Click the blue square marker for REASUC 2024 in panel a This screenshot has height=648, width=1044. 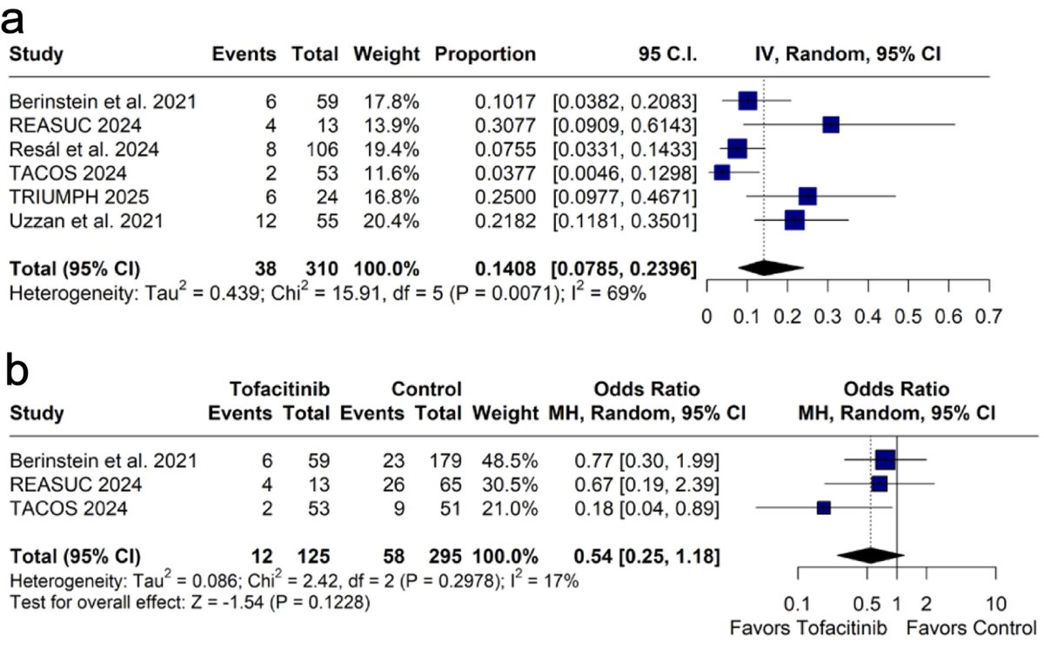(831, 124)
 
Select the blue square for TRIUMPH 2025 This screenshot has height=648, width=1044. (807, 197)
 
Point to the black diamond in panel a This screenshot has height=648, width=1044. (770, 268)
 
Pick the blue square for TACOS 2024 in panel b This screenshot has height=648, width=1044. (824, 507)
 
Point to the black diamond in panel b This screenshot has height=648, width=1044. (869, 554)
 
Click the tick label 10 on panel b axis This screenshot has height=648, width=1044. (997, 604)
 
